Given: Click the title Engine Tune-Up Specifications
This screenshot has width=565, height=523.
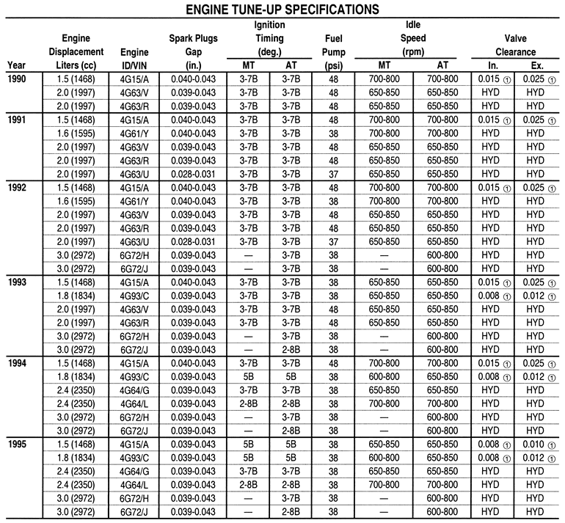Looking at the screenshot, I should (282, 10).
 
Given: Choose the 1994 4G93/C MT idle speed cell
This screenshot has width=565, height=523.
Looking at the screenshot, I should (384, 376).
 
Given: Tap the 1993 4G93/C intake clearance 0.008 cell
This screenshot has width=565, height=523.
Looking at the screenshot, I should (488, 296).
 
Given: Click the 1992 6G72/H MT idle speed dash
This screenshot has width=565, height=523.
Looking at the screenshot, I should (384, 255).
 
